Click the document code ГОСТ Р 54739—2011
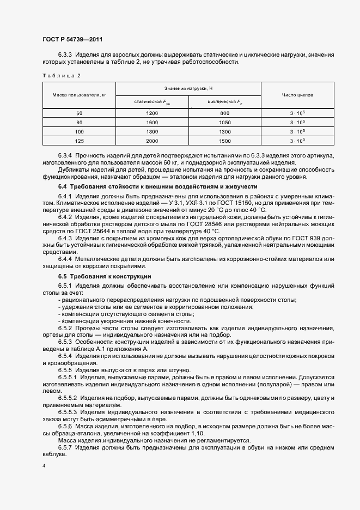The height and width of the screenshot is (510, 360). pyautogui.click(x=72, y=39)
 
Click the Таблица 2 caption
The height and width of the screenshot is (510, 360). pyautogui.click(x=61, y=75)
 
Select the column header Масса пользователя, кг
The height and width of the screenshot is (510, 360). pyautogui.click(x=79, y=95)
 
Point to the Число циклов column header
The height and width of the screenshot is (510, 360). pyautogui.click(x=297, y=95)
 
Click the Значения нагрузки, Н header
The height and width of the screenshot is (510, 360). pyautogui.click(x=188, y=88)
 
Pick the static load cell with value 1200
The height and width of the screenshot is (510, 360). pyautogui.click(x=152, y=113)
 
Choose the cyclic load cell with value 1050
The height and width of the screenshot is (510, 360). pyautogui.click(x=224, y=122)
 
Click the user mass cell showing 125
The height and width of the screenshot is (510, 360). pyautogui.click(x=79, y=141)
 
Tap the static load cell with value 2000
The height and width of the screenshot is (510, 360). pyautogui.click(x=152, y=141)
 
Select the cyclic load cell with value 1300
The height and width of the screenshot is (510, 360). pyautogui.click(x=224, y=131)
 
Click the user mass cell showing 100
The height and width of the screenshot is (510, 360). pyautogui.click(x=79, y=131)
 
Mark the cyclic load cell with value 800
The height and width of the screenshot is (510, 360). pyautogui.click(x=224, y=113)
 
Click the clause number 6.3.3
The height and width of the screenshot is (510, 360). pyautogui.click(x=65, y=55)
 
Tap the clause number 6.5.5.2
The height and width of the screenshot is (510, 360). pyautogui.click(x=68, y=398)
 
